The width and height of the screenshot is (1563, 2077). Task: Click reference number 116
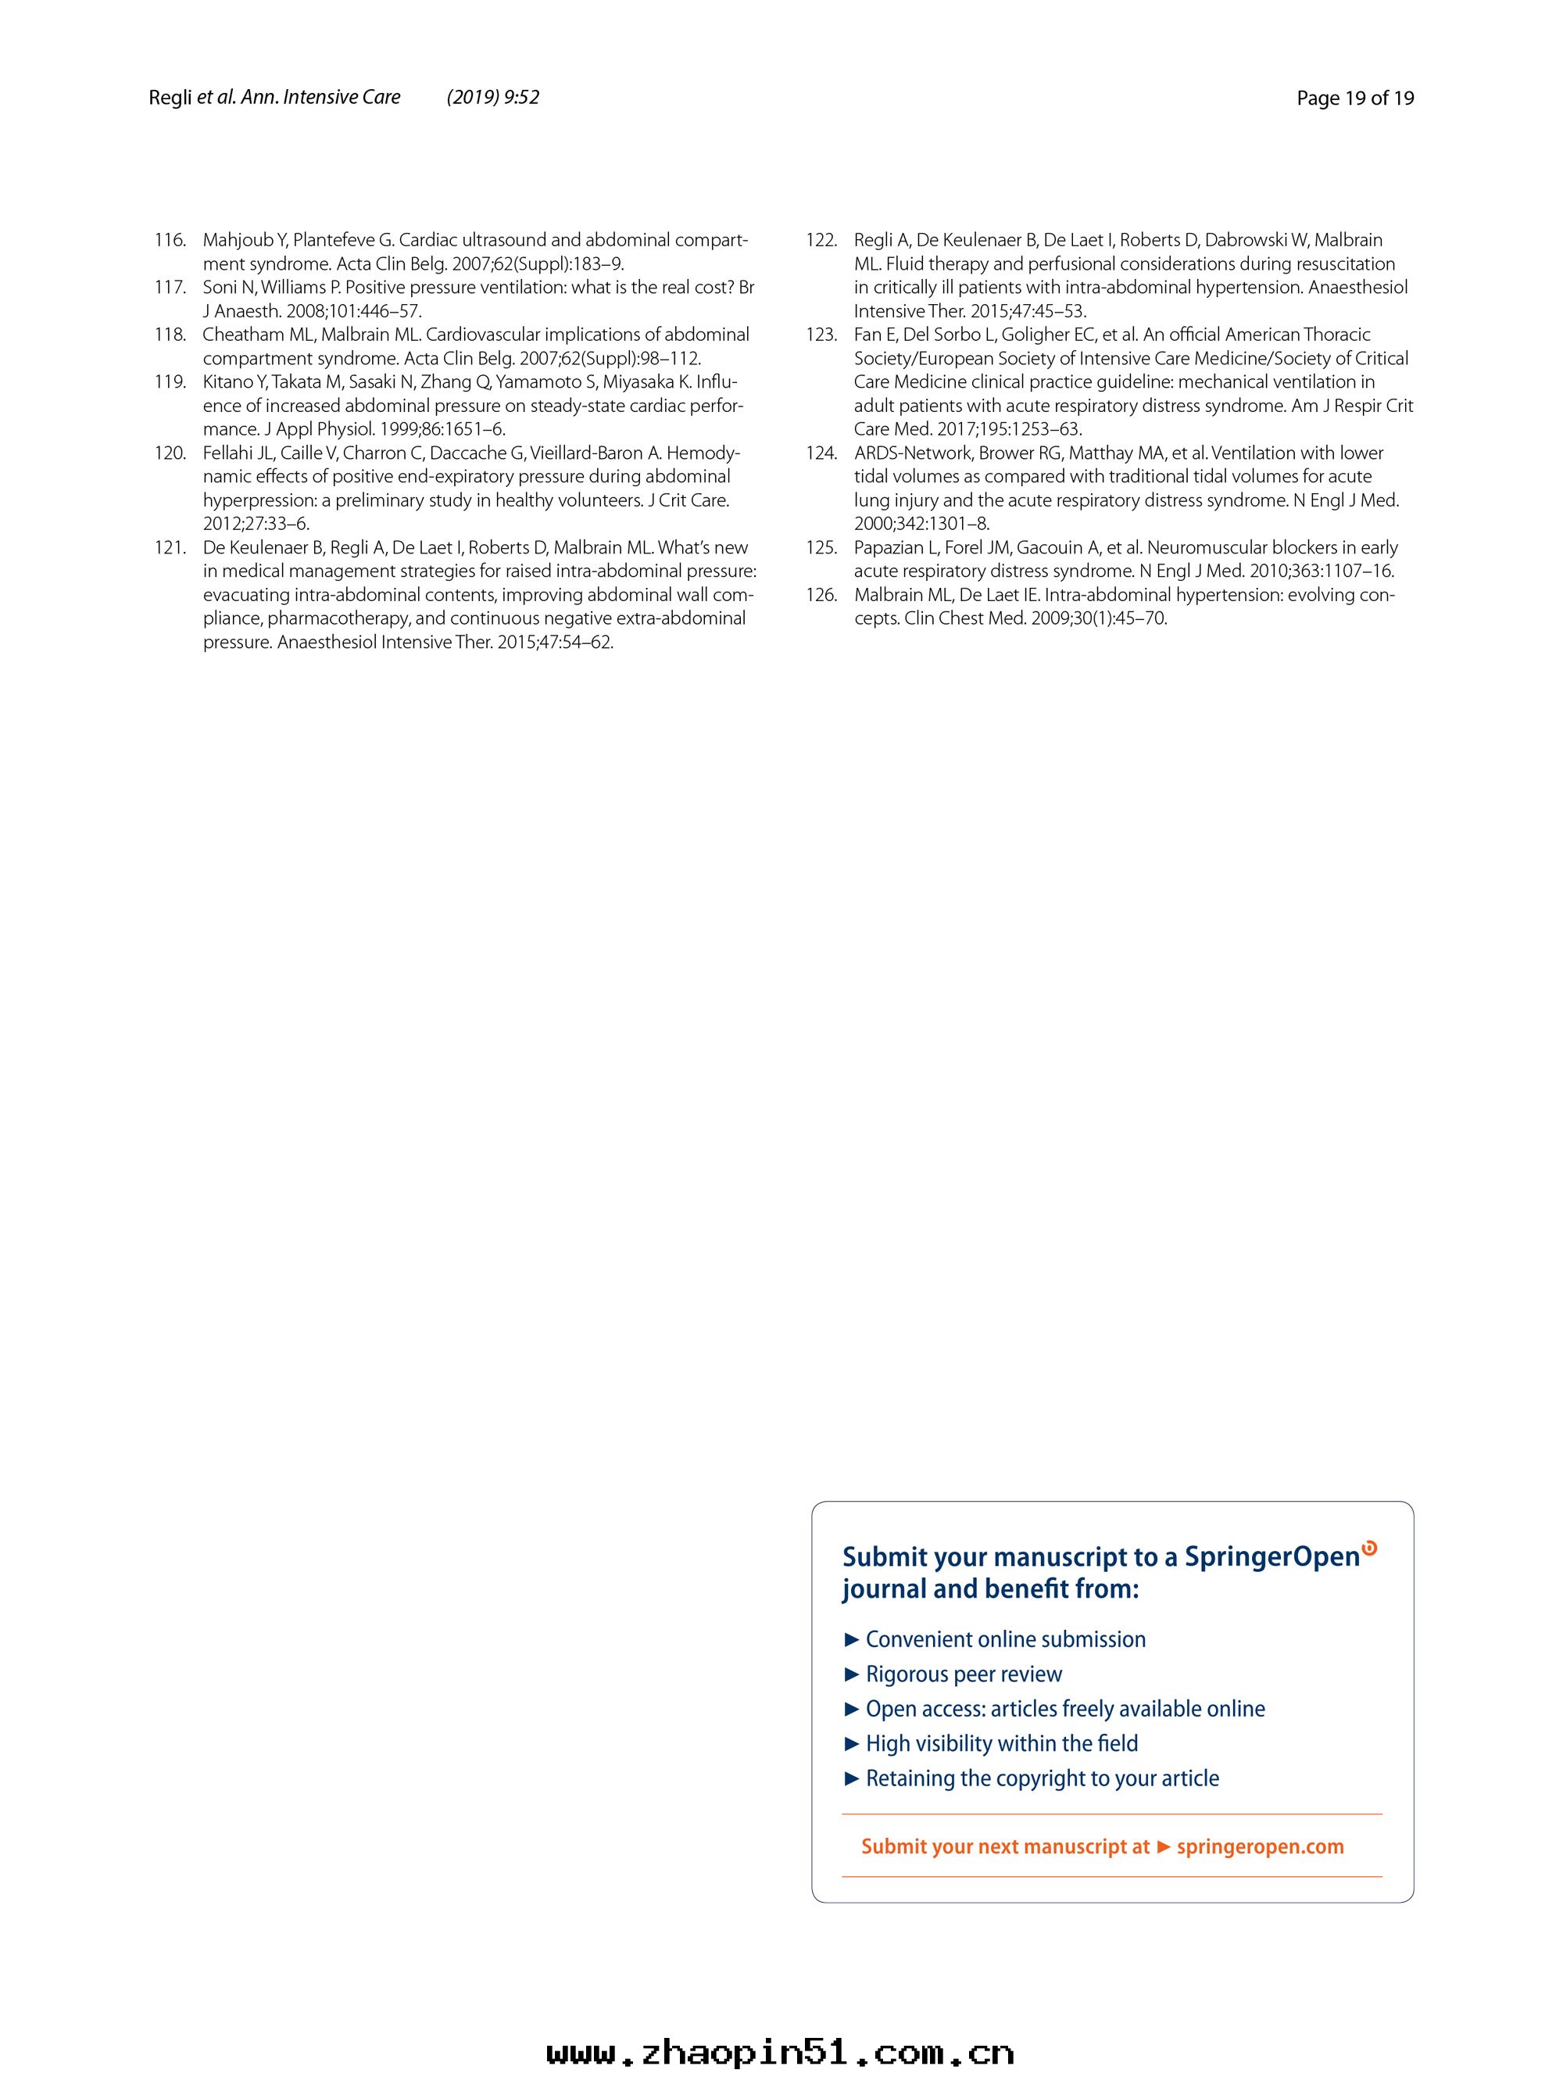pyautogui.click(x=170, y=241)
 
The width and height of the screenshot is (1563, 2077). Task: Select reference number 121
pyautogui.click(x=170, y=547)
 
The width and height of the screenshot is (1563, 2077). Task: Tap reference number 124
pyautogui.click(x=821, y=453)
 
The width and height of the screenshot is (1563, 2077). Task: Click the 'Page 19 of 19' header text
pyautogui.click(x=1354, y=98)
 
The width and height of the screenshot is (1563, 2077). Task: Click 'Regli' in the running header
pyautogui.click(x=170, y=98)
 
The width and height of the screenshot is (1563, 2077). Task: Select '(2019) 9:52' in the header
pyautogui.click(x=493, y=98)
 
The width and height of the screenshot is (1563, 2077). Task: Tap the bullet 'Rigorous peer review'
pyautogui.click(x=963, y=1674)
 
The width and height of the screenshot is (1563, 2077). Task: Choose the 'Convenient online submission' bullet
pyautogui.click(x=1004, y=1639)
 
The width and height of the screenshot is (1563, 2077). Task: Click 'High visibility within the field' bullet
pyautogui.click(x=1000, y=1744)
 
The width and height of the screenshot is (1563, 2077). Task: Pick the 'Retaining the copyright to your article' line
pyautogui.click(x=1042, y=1778)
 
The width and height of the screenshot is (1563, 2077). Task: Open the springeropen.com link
pyautogui.click(x=1260, y=1847)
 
